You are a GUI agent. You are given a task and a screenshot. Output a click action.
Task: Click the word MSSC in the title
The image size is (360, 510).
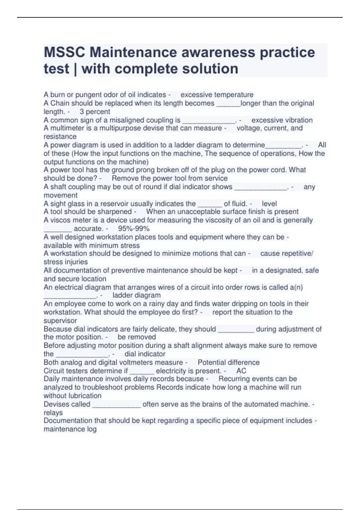click(64, 52)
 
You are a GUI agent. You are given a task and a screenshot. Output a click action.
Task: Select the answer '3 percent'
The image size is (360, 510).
click(95, 112)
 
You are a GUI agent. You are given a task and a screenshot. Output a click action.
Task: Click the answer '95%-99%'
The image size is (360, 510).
click(134, 229)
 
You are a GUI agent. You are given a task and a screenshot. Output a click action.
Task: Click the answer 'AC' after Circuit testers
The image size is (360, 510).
click(241, 371)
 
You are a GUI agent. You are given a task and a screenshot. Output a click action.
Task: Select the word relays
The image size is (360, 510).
click(53, 412)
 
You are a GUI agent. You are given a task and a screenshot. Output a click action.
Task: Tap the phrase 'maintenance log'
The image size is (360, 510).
click(70, 429)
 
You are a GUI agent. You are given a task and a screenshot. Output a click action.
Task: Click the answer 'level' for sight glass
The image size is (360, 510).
click(269, 204)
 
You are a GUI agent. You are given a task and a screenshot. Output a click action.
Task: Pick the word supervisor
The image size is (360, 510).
click(60, 320)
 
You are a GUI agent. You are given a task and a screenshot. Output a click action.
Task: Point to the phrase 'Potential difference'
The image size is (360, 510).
click(229, 362)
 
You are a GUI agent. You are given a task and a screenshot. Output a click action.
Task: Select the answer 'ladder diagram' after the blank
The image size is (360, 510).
click(136, 295)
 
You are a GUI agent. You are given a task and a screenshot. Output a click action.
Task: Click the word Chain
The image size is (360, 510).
click(60, 103)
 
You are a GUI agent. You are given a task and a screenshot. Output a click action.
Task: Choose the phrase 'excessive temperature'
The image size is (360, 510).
click(217, 95)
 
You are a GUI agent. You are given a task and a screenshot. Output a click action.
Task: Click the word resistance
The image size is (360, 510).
click(60, 136)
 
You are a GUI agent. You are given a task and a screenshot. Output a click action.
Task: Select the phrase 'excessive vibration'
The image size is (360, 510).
click(282, 120)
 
